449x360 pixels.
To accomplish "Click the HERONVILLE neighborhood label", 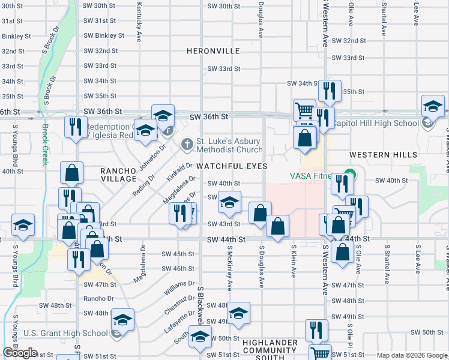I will click(213, 52).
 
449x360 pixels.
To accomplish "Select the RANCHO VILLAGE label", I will click(119, 175).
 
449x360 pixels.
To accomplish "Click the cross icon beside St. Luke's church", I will click(187, 144).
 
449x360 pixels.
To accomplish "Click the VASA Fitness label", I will click(310, 176).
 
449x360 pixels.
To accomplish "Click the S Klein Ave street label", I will click(294, 262).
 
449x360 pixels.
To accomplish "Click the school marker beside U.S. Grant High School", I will click(122, 322).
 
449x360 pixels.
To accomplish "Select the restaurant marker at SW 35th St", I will click(329, 92).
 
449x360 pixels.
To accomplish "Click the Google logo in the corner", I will click(19, 353).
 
